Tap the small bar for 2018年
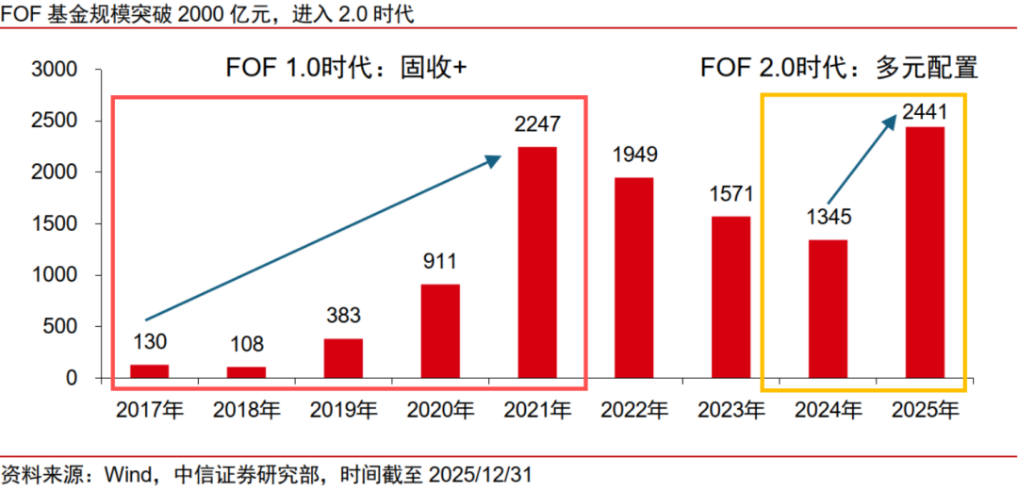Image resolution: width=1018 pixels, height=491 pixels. pyautogui.click(x=247, y=372)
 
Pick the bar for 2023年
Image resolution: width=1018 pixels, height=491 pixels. pyautogui.click(x=731, y=297)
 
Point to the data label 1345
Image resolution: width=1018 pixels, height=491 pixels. pyautogui.click(x=828, y=218)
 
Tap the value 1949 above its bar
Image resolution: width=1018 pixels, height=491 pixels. pyautogui.click(x=633, y=155)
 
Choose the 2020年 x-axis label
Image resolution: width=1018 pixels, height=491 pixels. pyautogui.click(x=440, y=410)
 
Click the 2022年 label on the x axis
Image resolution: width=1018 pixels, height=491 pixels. pyautogui.click(x=633, y=410)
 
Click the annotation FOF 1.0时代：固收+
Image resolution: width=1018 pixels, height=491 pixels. pyautogui.click(x=346, y=69)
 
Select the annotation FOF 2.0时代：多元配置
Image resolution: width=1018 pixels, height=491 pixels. pyautogui.click(x=838, y=69)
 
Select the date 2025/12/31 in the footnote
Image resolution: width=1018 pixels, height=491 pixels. pyautogui.click(x=480, y=472)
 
